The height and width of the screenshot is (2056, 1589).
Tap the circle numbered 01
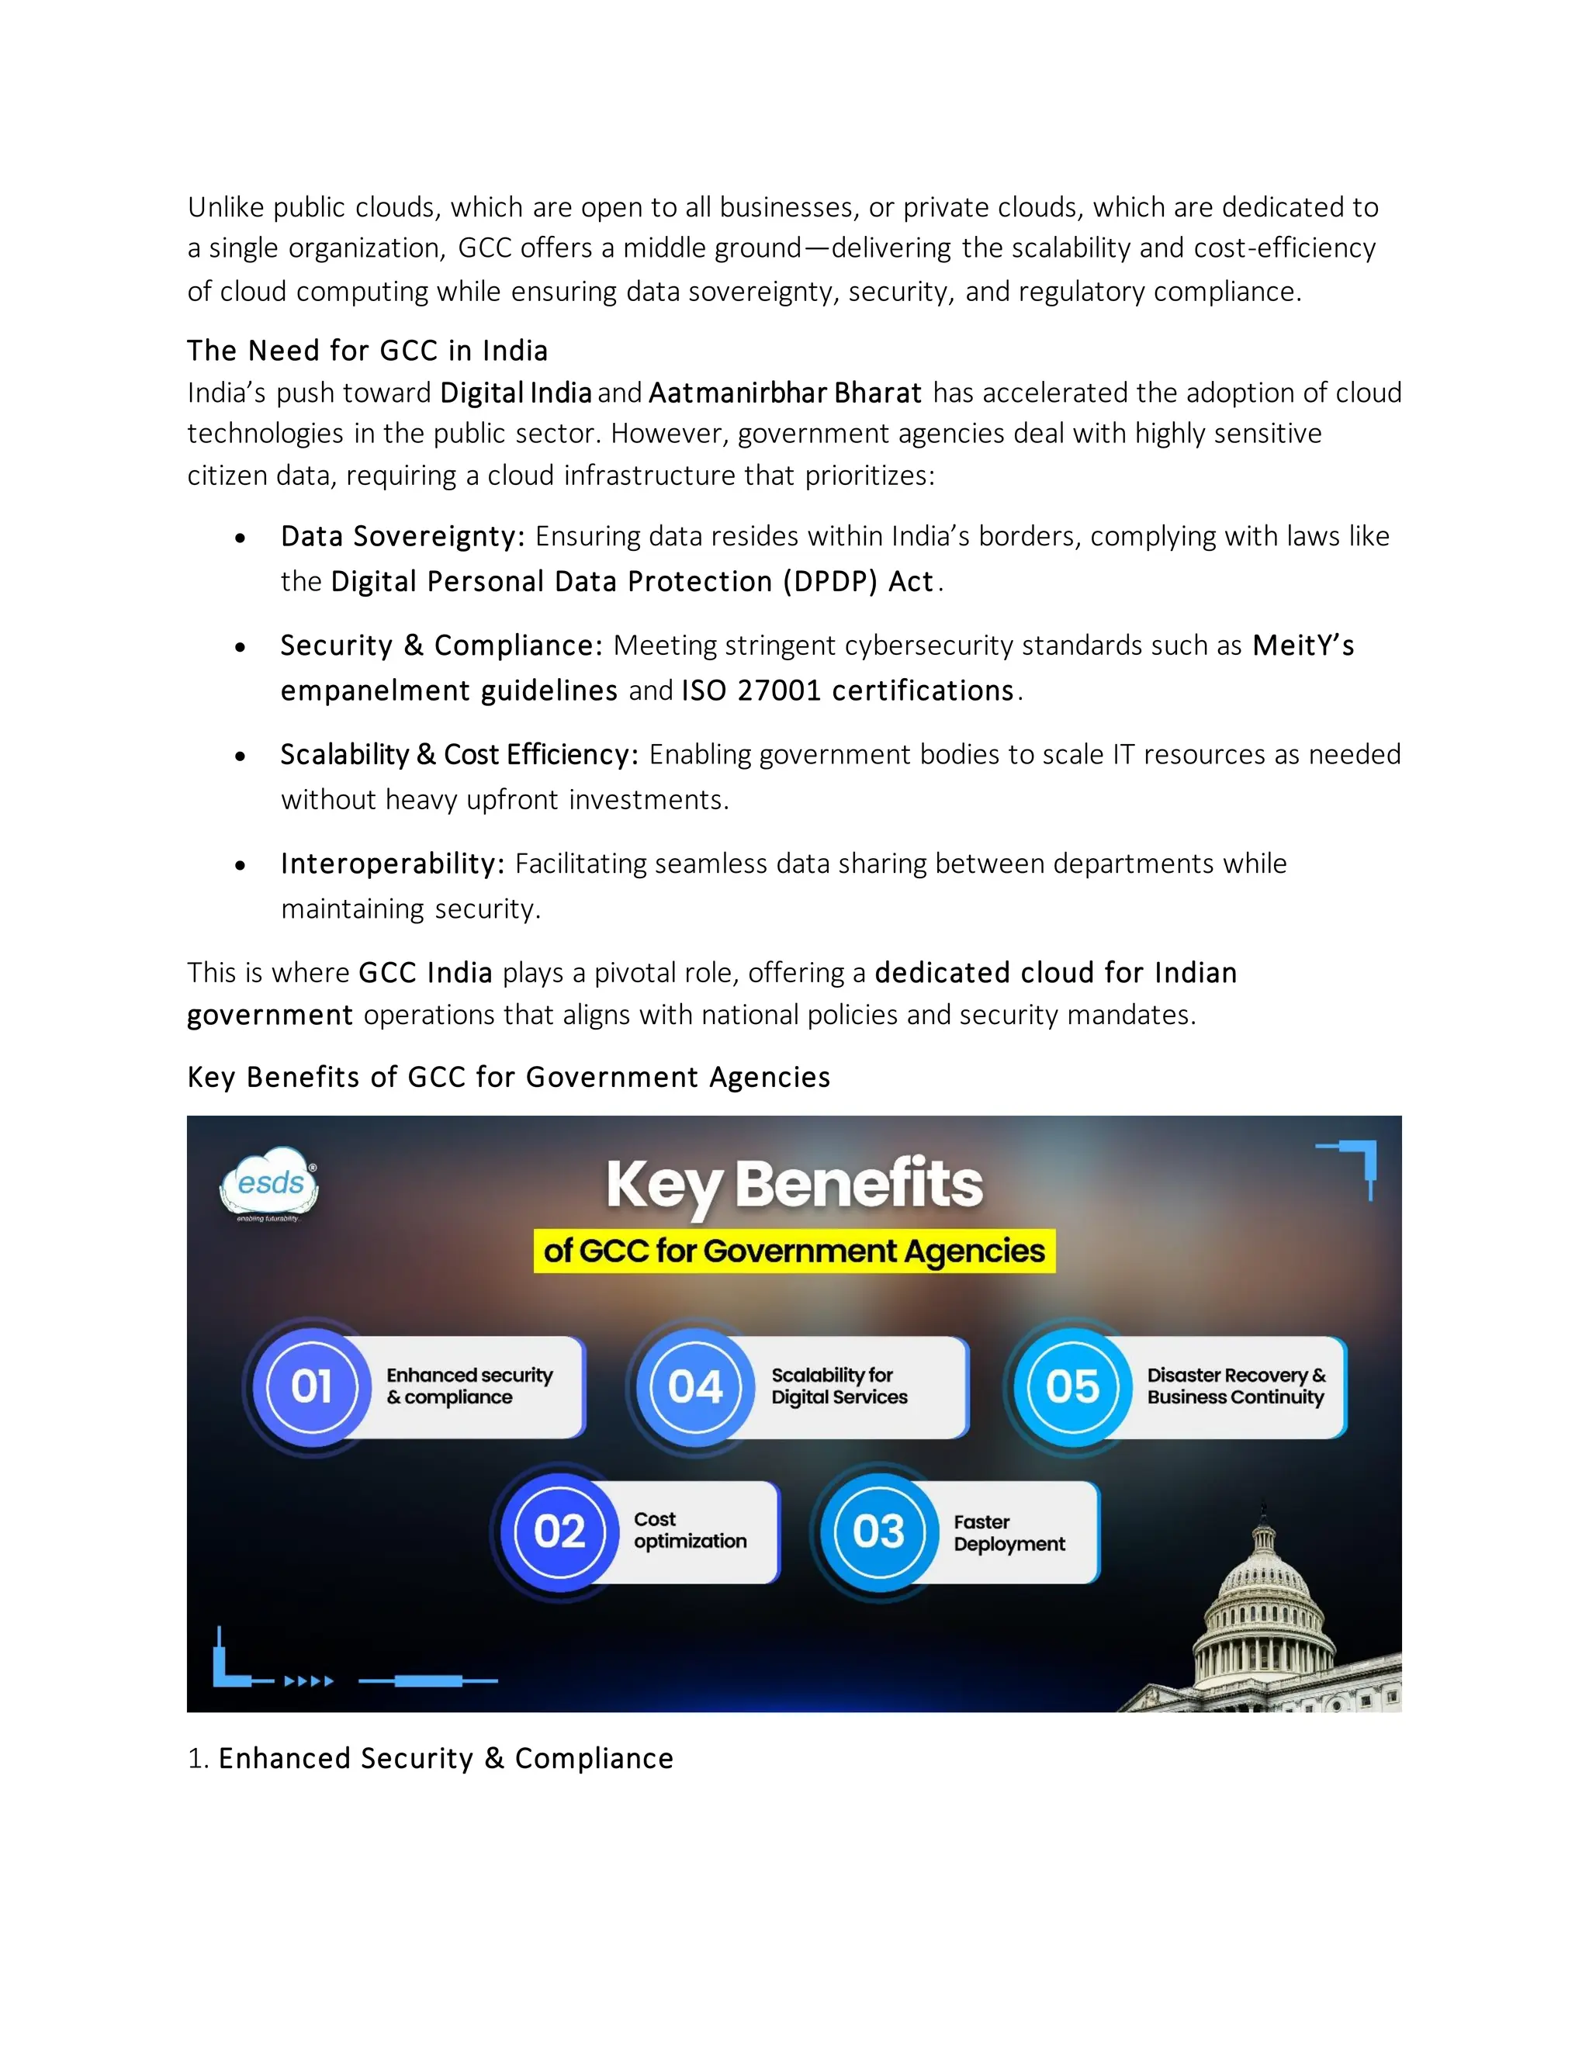pyautogui.click(x=312, y=1386)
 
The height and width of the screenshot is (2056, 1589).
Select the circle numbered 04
pyautogui.click(x=694, y=1386)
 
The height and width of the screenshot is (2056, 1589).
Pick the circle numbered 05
pyautogui.click(x=1072, y=1386)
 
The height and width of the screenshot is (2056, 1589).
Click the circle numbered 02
pyautogui.click(x=560, y=1532)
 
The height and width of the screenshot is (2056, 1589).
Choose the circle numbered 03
pyautogui.click(x=878, y=1532)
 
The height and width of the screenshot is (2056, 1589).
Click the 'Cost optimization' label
pyautogui.click(x=689, y=1531)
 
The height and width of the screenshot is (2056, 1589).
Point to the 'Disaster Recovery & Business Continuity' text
pyautogui.click(x=1235, y=1386)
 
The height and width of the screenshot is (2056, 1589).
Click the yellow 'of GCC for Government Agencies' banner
pyautogui.click(x=794, y=1251)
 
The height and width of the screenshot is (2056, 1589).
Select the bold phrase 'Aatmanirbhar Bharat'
pyautogui.click(x=785, y=393)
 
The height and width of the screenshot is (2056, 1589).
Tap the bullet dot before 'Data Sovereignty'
pyautogui.click(x=241, y=538)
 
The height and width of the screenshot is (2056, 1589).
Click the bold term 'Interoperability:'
pyautogui.click(x=393, y=864)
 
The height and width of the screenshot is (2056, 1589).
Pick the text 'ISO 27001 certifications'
pyautogui.click(x=847, y=691)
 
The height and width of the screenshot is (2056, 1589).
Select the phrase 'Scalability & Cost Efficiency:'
pyautogui.click(x=459, y=755)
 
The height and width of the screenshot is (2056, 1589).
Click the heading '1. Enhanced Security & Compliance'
pyautogui.click(x=430, y=1759)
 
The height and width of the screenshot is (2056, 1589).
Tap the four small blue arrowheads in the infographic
pyautogui.click(x=309, y=1681)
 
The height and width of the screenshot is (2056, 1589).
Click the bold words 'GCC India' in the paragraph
pyautogui.click(x=425, y=972)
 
